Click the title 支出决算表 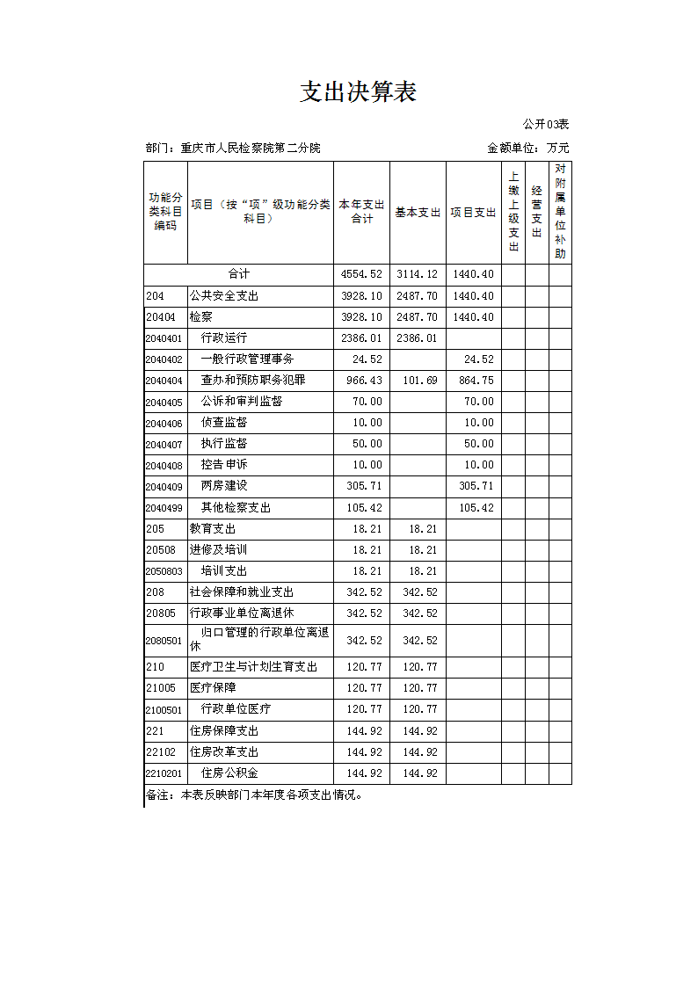click(x=358, y=92)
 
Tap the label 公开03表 click(x=545, y=125)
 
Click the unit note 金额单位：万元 click(x=527, y=148)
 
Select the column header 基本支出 click(x=418, y=213)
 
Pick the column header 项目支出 click(x=474, y=213)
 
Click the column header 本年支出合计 click(x=361, y=212)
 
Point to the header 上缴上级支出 click(x=513, y=212)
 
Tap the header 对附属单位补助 click(x=561, y=212)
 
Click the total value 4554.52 click(x=361, y=275)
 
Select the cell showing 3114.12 click(x=417, y=275)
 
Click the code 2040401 click(x=164, y=338)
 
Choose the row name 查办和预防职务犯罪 click(x=253, y=381)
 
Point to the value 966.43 click(x=361, y=381)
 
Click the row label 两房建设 click(x=224, y=486)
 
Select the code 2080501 click(x=164, y=641)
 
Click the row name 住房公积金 click(x=229, y=773)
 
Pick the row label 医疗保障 click(x=213, y=688)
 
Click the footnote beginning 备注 click(x=254, y=795)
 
